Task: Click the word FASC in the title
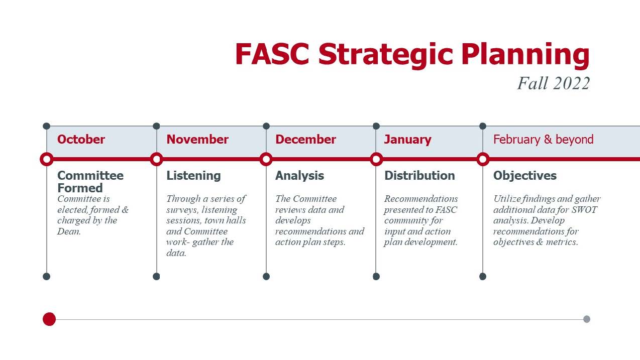pyautogui.click(x=272, y=54)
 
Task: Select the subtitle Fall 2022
pyautogui.click(x=554, y=83)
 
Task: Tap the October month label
pyautogui.click(x=81, y=139)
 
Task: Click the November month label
pyautogui.click(x=197, y=139)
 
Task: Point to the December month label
pyautogui.click(x=305, y=139)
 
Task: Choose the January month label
pyautogui.click(x=408, y=140)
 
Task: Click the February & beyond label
pyautogui.click(x=544, y=140)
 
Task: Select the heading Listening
pyautogui.click(x=193, y=176)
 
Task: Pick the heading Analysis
pyautogui.click(x=299, y=176)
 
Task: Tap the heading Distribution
pyautogui.click(x=419, y=176)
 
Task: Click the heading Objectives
pyautogui.click(x=525, y=176)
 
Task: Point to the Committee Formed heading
pyautogui.click(x=90, y=182)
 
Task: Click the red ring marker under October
pyautogui.click(x=47, y=159)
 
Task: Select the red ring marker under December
pyautogui.click(x=266, y=159)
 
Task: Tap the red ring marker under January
pyautogui.click(x=376, y=159)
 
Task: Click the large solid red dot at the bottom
pyautogui.click(x=49, y=319)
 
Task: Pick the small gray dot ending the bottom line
pyautogui.click(x=587, y=319)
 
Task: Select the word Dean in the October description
pyautogui.click(x=69, y=231)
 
